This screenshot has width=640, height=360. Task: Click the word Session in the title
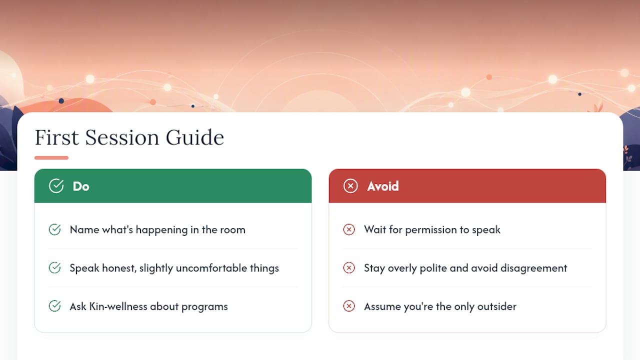pyautogui.click(x=122, y=137)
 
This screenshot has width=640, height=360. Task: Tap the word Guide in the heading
pyautogui.click(x=195, y=137)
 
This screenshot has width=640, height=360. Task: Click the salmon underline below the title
pyautogui.click(x=51, y=157)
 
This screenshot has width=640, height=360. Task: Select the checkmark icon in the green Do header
pyautogui.click(x=56, y=186)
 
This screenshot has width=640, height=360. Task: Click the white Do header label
pyautogui.click(x=81, y=186)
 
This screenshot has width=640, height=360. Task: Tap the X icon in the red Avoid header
pyautogui.click(x=350, y=186)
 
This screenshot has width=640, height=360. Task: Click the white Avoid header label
pyautogui.click(x=383, y=186)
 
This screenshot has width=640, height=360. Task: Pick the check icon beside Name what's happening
pyautogui.click(x=54, y=229)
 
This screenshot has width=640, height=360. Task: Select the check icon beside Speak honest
pyautogui.click(x=54, y=267)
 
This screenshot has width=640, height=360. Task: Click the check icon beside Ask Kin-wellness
pyautogui.click(x=54, y=306)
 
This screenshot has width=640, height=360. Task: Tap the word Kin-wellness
pyautogui.click(x=118, y=306)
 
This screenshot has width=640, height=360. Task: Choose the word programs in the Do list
pyautogui.click(x=204, y=307)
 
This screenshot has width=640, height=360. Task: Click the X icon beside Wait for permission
pyautogui.click(x=349, y=229)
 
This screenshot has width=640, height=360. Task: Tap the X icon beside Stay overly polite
pyautogui.click(x=349, y=267)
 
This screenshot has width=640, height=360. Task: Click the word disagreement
pyautogui.click(x=533, y=268)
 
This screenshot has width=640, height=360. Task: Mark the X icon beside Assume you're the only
pyautogui.click(x=349, y=306)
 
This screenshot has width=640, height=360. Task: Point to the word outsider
pyautogui.click(x=497, y=306)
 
